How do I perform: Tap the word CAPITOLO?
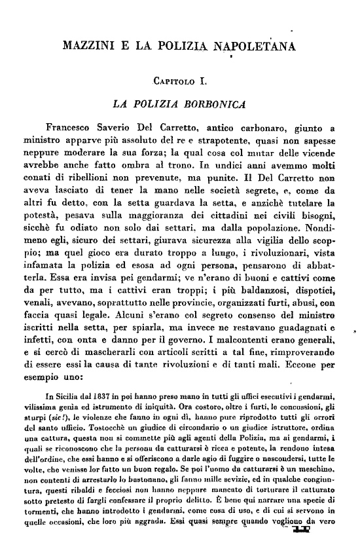(172, 82)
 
